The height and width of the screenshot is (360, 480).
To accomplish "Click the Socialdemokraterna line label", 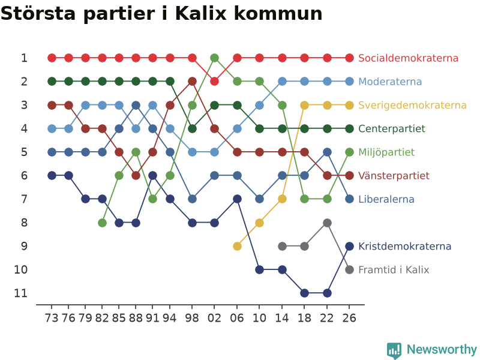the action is [408, 58].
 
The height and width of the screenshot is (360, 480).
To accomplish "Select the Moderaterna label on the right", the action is [390, 82].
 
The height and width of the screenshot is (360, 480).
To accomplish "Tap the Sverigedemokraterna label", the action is [412, 105].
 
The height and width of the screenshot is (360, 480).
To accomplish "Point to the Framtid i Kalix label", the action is [394, 269].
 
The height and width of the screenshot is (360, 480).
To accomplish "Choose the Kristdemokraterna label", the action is [404, 246].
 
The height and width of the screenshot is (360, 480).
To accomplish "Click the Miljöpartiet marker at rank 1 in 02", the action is [215, 58].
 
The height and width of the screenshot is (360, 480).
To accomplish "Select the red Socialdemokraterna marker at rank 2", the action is [215, 82].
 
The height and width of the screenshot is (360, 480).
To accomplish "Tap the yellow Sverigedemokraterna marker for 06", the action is [237, 246].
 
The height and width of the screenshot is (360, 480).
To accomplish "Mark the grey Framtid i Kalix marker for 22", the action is [327, 223].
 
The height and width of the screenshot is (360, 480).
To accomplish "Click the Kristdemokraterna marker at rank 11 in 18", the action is [304, 293].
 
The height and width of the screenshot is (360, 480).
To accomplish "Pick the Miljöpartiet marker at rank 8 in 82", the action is [102, 223].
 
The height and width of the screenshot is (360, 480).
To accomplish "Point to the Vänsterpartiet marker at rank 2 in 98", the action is [192, 82].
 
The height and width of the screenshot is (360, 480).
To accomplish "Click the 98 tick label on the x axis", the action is [192, 318].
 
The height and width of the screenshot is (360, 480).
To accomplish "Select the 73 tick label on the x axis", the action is [52, 318].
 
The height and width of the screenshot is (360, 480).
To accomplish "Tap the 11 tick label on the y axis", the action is [21, 293].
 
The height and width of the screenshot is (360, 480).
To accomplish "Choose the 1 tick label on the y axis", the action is [24, 58].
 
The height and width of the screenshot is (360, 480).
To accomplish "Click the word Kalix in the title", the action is [201, 13].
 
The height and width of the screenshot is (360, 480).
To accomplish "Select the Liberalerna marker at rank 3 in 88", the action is [136, 105].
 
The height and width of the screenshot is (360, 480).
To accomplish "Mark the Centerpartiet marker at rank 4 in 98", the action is [192, 128].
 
